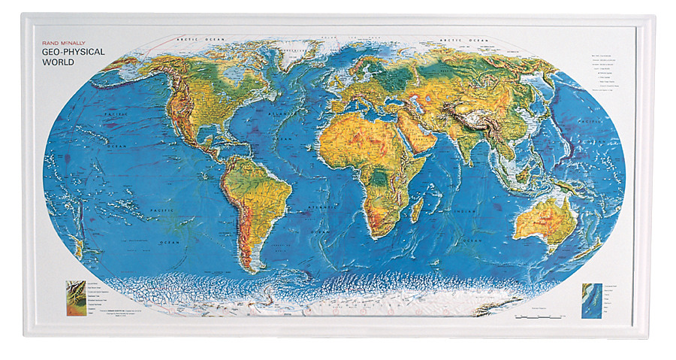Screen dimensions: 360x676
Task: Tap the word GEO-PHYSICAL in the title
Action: click(x=74, y=53)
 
